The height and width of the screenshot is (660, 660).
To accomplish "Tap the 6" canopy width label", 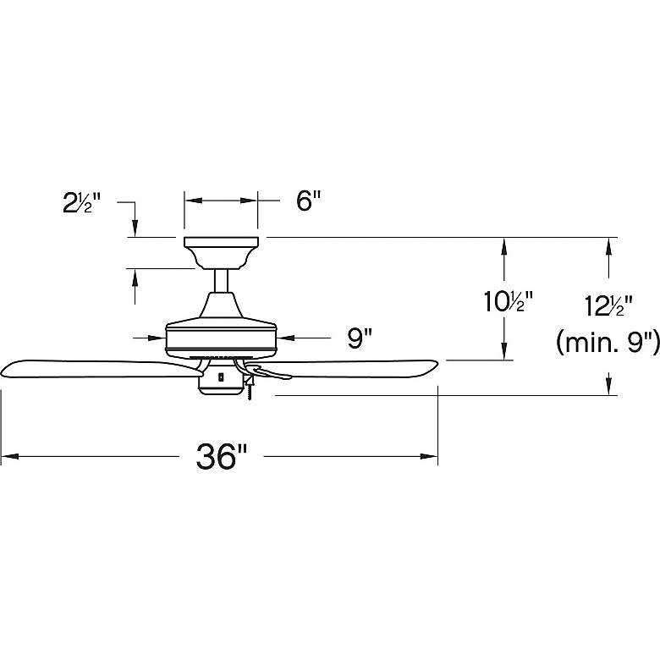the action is [x=309, y=201].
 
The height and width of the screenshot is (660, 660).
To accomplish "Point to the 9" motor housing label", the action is [x=360, y=338].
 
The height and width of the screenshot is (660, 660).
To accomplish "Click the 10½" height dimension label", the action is [x=508, y=302].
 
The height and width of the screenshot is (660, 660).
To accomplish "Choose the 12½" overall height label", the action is [x=609, y=305].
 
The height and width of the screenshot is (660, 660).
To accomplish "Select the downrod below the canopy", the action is [x=221, y=281].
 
